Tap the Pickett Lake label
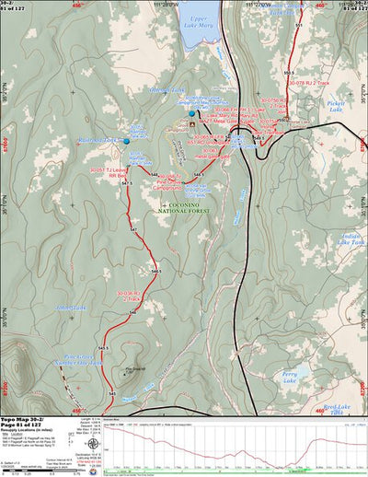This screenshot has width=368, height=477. point(341,108)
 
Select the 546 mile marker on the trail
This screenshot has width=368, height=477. point(133,312)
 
